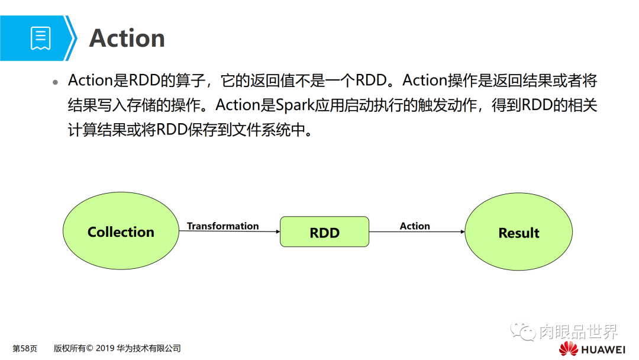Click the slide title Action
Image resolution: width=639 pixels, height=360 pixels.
(127, 38)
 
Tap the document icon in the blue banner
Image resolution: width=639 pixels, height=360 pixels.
(40, 38)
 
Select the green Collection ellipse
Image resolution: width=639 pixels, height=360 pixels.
(121, 232)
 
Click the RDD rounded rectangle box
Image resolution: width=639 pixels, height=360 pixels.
(324, 232)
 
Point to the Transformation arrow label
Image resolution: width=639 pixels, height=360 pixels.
(222, 226)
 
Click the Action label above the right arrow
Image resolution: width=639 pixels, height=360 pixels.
(415, 226)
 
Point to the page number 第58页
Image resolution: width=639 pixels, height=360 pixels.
(25, 348)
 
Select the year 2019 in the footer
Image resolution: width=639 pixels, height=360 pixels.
(104, 348)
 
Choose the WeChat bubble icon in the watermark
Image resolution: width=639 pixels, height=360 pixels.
(523, 331)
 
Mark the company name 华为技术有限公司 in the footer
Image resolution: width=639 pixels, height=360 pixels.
(149, 348)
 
